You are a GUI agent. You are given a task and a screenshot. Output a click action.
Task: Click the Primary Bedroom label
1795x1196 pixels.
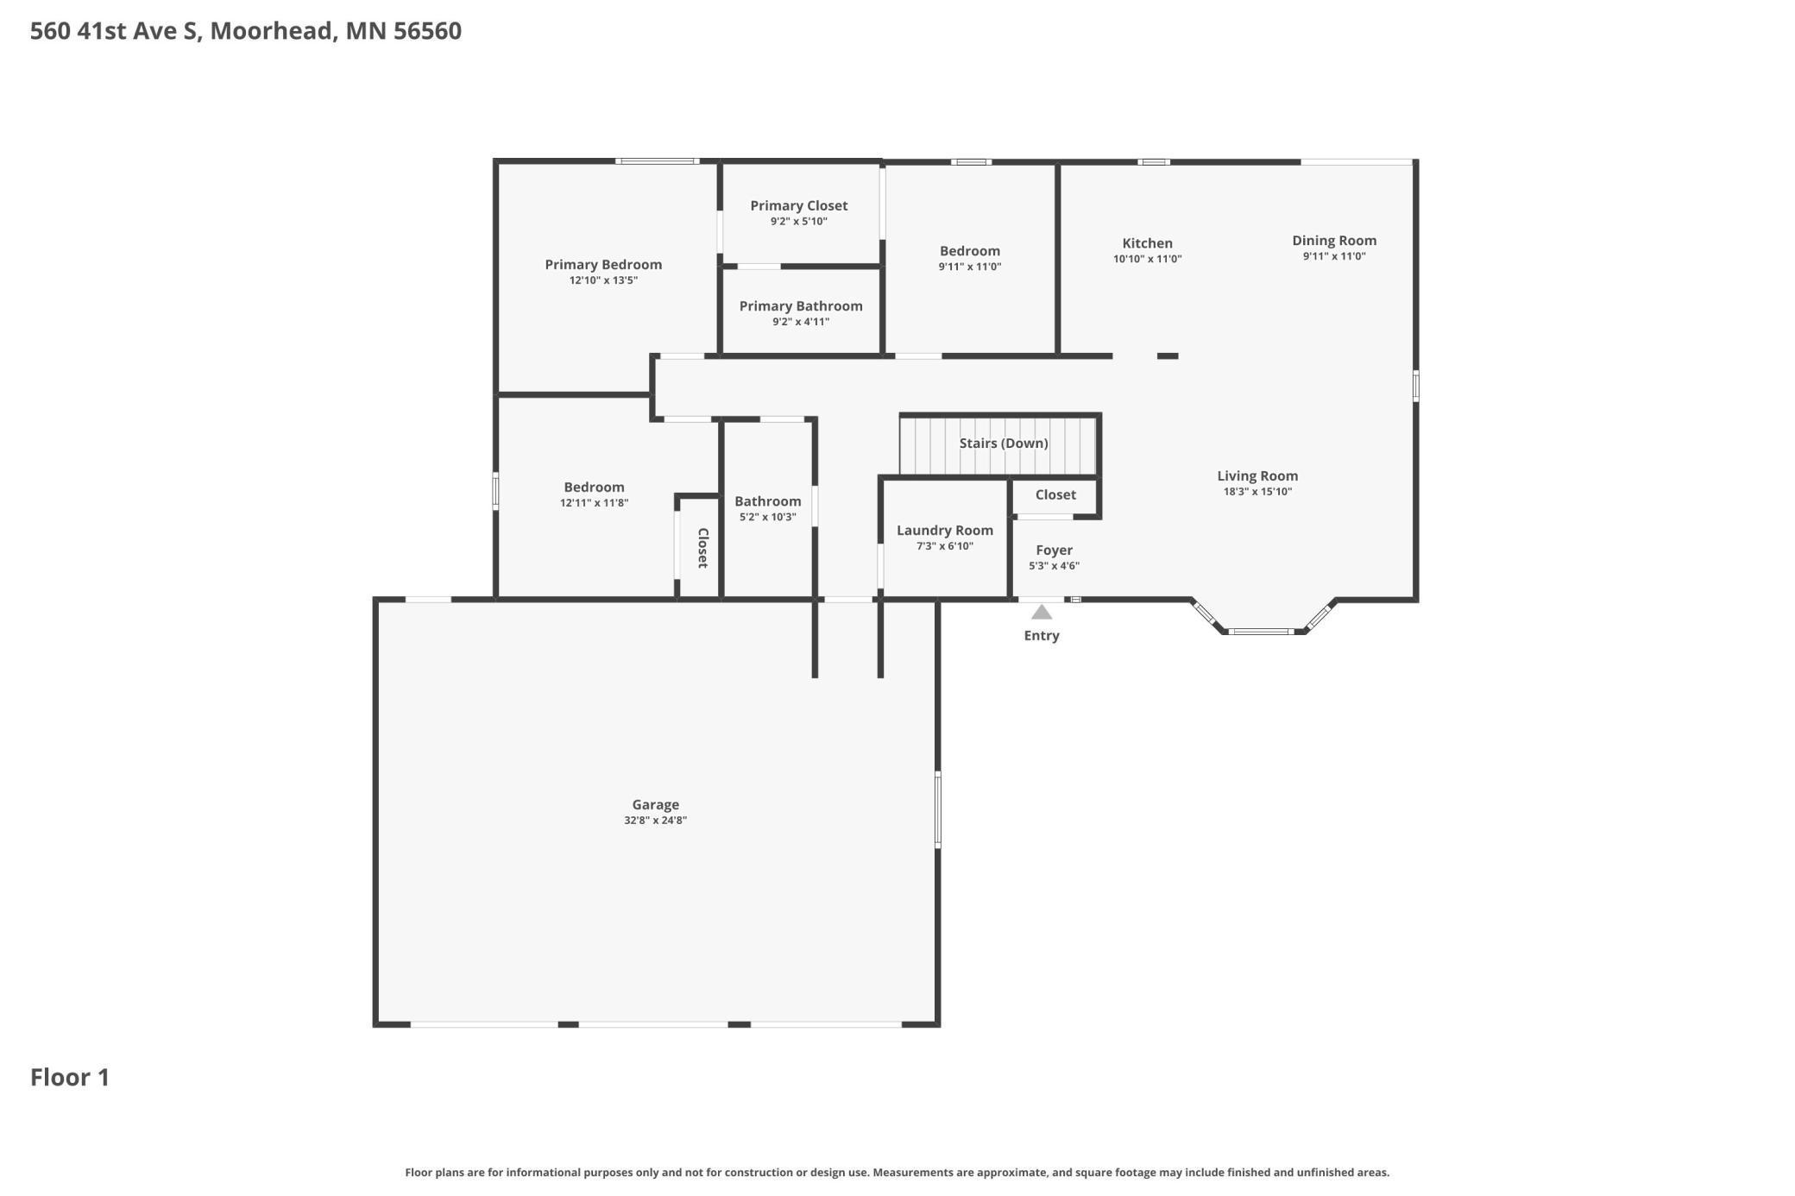tap(603, 265)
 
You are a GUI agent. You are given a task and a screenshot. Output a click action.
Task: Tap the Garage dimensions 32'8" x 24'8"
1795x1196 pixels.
tap(655, 821)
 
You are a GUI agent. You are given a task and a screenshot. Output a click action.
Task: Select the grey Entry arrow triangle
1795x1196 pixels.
tap(1042, 613)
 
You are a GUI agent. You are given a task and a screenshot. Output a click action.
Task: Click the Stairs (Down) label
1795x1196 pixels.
tap(1004, 444)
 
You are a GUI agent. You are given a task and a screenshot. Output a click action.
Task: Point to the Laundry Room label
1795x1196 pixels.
tap(944, 531)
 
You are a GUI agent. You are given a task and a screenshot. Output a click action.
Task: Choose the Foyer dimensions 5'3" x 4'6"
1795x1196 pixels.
tap(1054, 566)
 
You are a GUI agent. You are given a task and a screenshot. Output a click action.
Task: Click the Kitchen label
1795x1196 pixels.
tap(1147, 243)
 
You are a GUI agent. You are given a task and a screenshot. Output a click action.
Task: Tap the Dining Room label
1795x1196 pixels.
tap(1333, 241)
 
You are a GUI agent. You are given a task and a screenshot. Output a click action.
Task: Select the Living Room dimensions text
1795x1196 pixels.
tap(1257, 492)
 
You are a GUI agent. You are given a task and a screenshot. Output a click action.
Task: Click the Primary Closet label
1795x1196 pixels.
tap(798, 205)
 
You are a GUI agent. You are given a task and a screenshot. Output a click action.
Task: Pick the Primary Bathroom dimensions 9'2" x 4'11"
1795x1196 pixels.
tap(801, 322)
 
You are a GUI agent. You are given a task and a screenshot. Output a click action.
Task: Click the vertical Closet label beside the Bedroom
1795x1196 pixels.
tap(702, 548)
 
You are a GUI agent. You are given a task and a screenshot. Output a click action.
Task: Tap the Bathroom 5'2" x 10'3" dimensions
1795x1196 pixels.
tap(767, 517)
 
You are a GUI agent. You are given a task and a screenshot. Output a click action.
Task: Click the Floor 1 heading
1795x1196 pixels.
tap(70, 1077)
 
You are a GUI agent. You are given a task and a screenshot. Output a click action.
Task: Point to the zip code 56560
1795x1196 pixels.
tap(427, 31)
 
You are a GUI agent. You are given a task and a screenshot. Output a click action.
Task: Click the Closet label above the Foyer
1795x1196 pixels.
tap(1055, 494)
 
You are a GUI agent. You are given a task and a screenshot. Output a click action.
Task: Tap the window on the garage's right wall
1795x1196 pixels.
tap(938, 809)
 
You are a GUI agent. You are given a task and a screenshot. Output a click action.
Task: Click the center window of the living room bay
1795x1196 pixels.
tap(1261, 632)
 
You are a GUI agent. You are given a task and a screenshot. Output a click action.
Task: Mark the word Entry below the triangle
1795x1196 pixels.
tap(1042, 636)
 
